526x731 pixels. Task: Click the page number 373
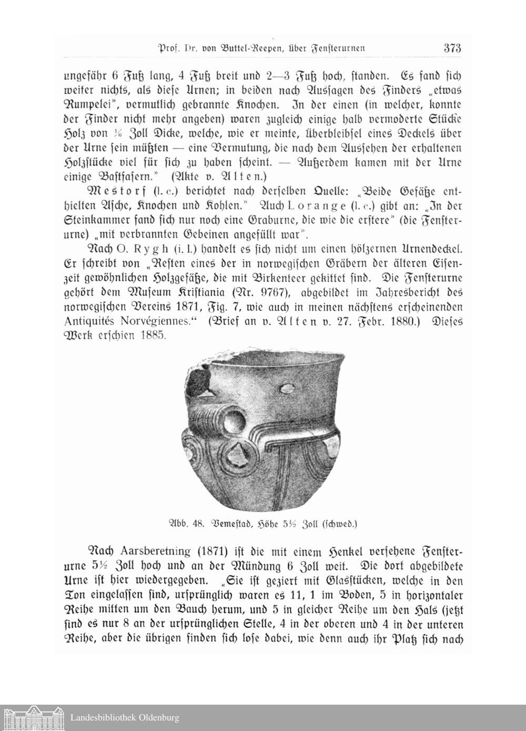(x=452, y=48)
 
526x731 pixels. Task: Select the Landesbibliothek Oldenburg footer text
(x=125, y=717)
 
